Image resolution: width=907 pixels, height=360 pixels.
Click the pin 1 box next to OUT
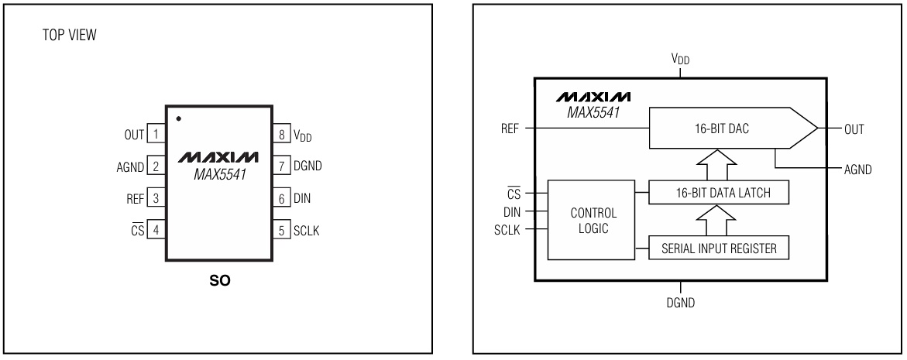(156, 135)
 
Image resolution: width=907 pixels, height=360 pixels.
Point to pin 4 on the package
(156, 230)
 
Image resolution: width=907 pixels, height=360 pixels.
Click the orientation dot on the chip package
(179, 118)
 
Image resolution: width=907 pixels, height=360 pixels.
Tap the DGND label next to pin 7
(307, 166)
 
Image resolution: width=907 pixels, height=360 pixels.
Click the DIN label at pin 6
(301, 198)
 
